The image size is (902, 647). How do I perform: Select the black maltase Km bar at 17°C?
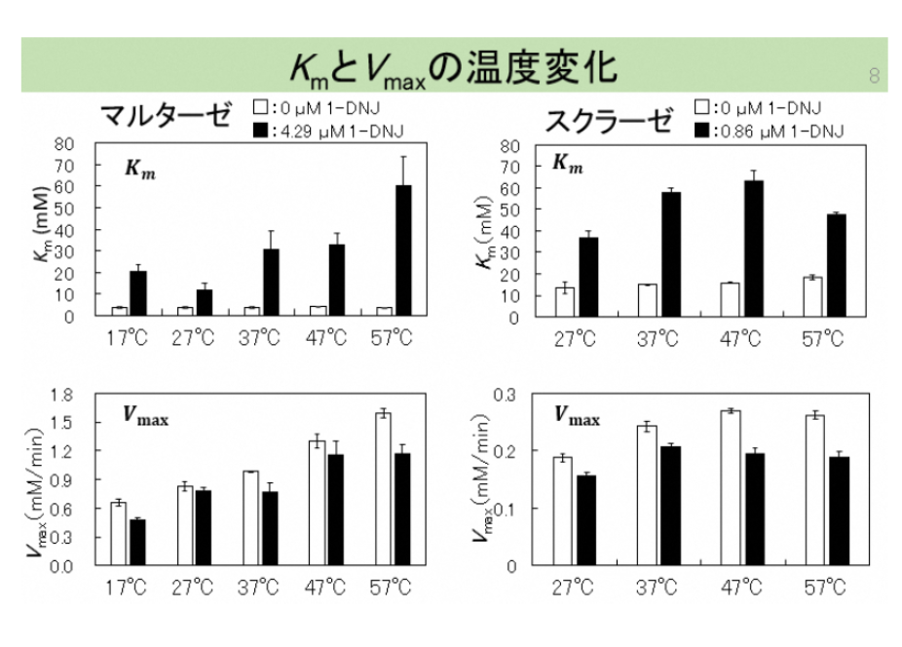(138, 293)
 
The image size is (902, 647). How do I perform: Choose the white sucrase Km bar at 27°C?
(564, 302)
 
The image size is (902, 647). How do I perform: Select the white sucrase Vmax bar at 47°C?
(731, 488)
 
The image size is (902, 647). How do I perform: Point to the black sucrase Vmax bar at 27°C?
(584, 520)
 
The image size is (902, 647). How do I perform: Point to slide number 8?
(874, 76)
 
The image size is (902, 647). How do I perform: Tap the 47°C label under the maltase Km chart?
(326, 337)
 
